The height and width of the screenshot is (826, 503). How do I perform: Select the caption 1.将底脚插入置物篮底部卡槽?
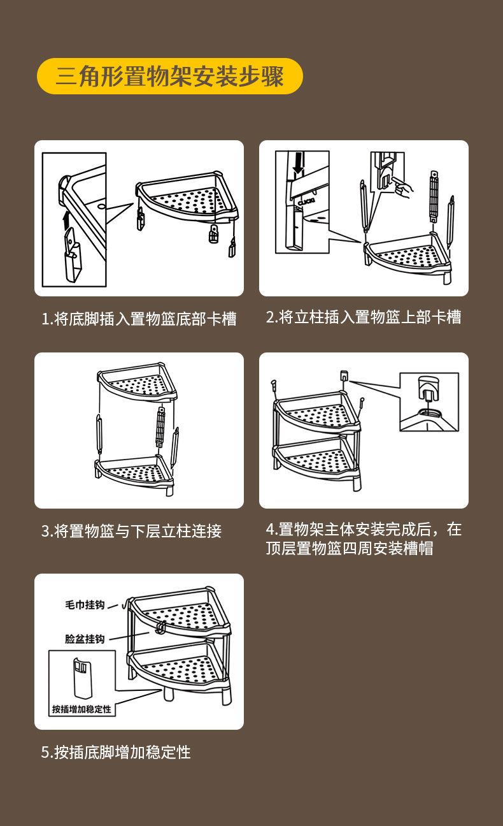tap(139, 319)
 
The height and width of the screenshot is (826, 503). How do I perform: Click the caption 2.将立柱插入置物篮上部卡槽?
tap(364, 317)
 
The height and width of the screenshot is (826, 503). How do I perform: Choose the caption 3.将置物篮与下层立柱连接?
tap(131, 531)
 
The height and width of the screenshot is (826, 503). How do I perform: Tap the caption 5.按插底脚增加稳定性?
tap(116, 752)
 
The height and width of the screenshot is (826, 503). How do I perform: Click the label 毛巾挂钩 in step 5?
tap(85, 604)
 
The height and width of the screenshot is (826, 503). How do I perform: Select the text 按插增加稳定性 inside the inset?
tap(81, 709)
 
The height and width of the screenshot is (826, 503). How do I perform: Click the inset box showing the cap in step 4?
tap(429, 402)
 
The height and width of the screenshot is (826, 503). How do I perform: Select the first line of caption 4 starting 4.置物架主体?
tap(364, 529)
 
